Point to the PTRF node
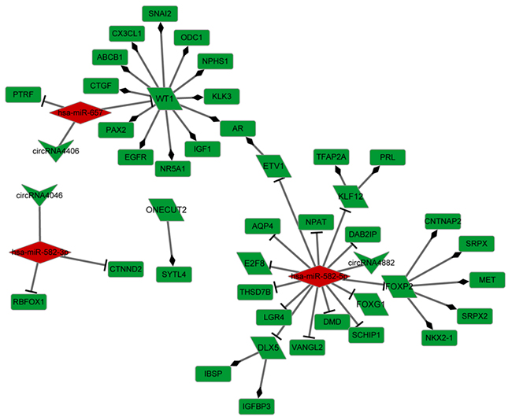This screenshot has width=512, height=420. (22, 94)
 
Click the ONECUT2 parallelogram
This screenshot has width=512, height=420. (166, 209)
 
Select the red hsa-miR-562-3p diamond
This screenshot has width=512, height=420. (40, 252)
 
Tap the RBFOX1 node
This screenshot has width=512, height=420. (28, 300)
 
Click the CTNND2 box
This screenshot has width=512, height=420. (126, 270)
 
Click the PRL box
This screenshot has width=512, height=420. (387, 157)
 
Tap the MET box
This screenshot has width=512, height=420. (481, 279)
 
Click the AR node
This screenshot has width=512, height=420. (234, 128)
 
